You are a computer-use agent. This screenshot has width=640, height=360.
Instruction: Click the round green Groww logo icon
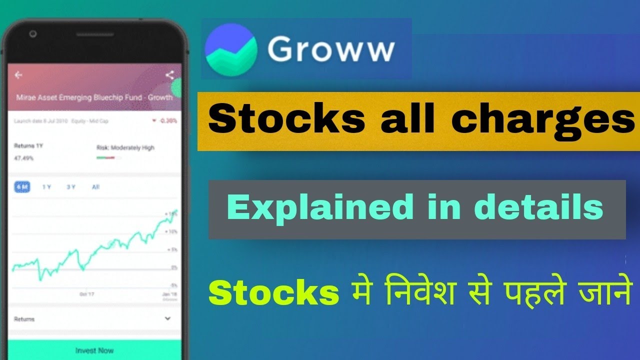tap(231, 49)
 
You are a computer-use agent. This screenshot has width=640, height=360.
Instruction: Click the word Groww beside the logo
tap(330, 49)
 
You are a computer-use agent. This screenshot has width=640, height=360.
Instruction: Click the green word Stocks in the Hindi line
tap(274, 293)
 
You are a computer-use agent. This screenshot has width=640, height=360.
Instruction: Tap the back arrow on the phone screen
tap(19, 75)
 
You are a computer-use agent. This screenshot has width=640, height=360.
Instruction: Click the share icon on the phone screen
tap(169, 75)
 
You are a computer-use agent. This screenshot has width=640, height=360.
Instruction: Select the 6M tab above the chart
tap(22, 187)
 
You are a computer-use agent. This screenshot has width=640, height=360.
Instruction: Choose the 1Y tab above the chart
tap(46, 187)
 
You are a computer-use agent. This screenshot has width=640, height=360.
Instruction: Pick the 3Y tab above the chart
tap(71, 187)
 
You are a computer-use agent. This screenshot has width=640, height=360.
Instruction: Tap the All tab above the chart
tap(95, 187)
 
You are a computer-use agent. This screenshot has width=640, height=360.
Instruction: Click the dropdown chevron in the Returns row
tap(167, 318)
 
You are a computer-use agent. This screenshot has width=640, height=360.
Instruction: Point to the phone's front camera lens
tap(33, 34)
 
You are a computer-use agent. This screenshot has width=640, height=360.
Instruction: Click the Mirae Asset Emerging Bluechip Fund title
tap(94, 97)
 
